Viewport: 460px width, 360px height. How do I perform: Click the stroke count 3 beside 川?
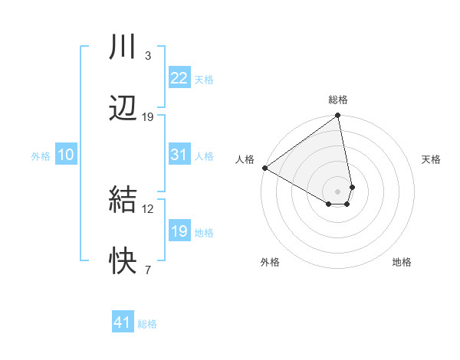(x=147, y=56)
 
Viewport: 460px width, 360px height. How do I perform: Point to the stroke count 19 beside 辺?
(x=148, y=117)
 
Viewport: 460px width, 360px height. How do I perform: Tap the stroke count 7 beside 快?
(x=147, y=270)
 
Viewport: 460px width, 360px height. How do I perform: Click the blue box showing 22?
(x=179, y=77)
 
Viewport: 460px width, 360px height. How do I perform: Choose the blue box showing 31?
(x=179, y=155)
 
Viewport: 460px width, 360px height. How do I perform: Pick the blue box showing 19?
(x=179, y=231)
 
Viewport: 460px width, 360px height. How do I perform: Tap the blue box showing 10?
(x=66, y=155)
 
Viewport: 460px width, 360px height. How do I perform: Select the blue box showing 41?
(x=123, y=322)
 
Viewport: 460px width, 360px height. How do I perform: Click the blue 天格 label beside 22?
(x=204, y=79)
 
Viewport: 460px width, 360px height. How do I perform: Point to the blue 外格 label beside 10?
(x=41, y=156)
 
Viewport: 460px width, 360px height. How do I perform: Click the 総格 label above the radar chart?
(x=338, y=100)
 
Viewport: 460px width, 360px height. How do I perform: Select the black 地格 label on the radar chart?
(x=402, y=262)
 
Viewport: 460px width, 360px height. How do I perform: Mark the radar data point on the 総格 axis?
(x=337, y=116)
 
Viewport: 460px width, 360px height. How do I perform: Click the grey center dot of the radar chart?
(x=338, y=191)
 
